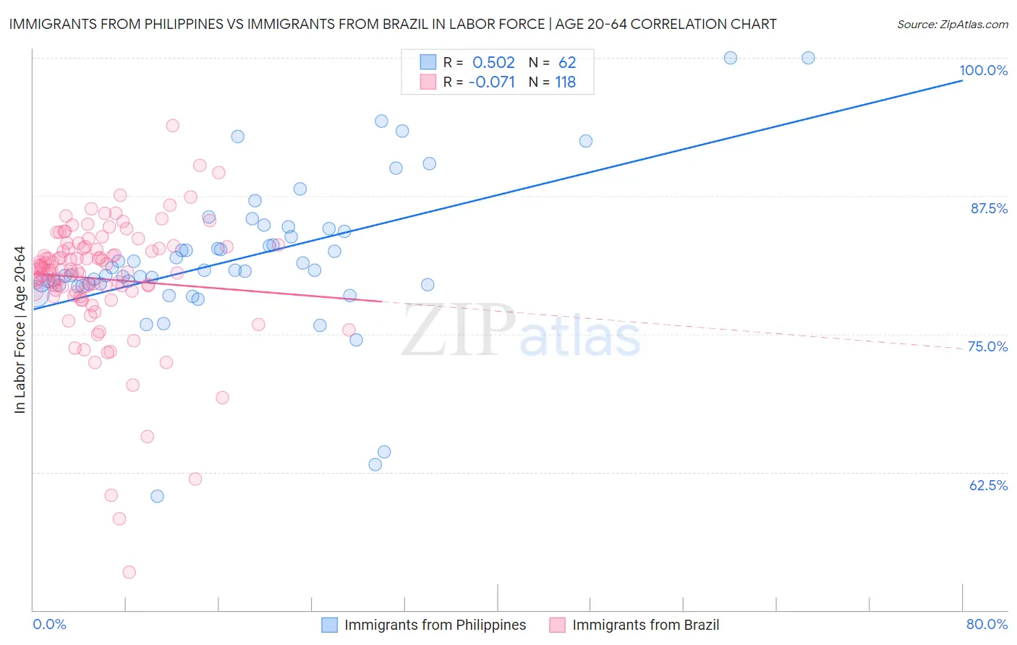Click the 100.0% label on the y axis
click(x=983, y=70)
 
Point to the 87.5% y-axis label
click(x=988, y=208)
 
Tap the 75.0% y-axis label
click(x=987, y=346)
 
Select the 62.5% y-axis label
click(x=988, y=485)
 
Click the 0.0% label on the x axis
click(x=49, y=624)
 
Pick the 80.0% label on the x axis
click(x=987, y=624)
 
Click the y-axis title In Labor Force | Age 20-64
click(x=20, y=330)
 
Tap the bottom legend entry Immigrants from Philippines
click(x=435, y=625)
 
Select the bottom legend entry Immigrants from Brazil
click(x=645, y=625)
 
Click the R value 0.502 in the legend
click(x=493, y=63)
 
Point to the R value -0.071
click(x=491, y=82)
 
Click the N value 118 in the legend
click(x=565, y=82)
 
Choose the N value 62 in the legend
click(x=567, y=63)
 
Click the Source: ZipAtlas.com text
click(x=952, y=25)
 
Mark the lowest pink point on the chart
click(x=129, y=572)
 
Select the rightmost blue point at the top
click(x=809, y=58)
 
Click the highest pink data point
click(x=172, y=125)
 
